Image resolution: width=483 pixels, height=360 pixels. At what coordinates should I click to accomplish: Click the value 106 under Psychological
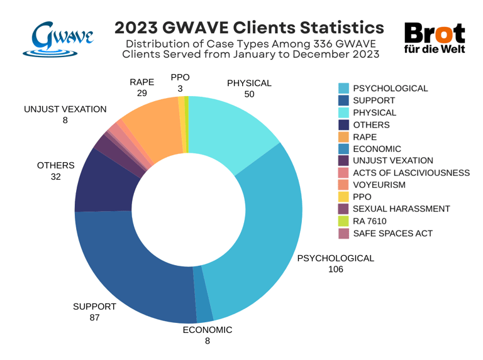click(336, 270)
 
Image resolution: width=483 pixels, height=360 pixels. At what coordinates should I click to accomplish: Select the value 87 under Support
click(94, 319)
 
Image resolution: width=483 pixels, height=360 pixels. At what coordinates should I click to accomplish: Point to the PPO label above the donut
click(180, 77)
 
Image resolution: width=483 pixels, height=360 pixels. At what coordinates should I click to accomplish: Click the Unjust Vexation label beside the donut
click(65, 109)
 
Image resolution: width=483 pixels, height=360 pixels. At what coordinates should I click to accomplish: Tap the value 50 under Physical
click(249, 95)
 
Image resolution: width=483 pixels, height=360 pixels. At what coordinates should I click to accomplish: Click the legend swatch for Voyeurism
click(343, 185)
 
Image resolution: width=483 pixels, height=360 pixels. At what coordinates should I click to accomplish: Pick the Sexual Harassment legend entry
click(401, 209)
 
